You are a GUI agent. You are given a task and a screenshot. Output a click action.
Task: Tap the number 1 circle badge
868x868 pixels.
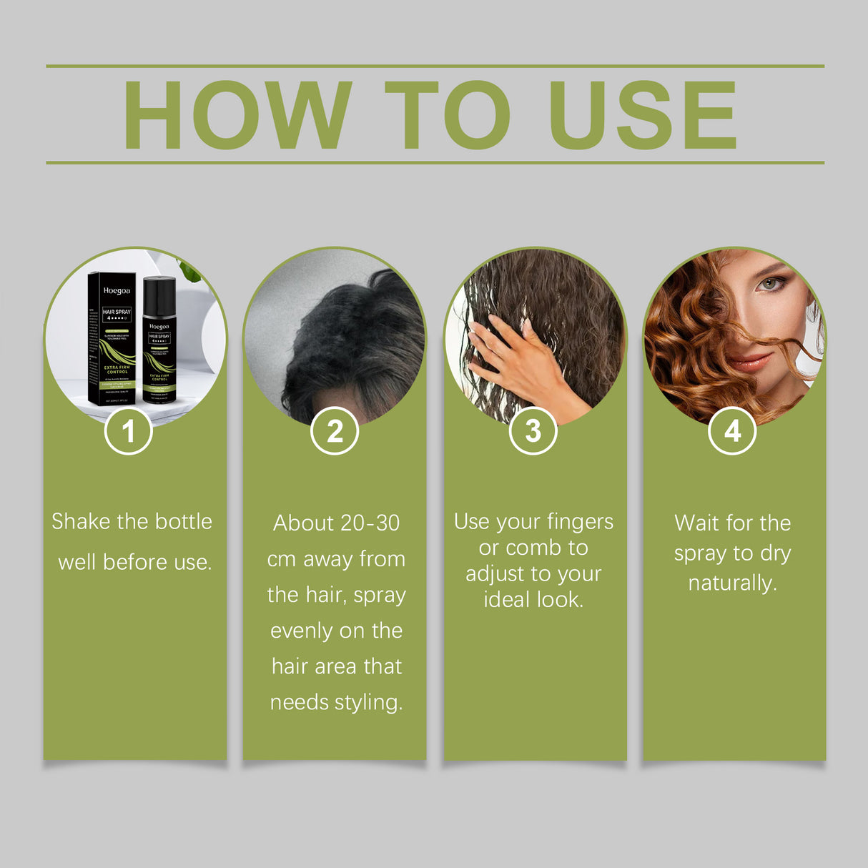[x=129, y=431]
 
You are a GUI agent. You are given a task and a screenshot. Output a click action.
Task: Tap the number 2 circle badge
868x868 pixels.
[x=335, y=431]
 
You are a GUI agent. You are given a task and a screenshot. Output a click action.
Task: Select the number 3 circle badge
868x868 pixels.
[x=533, y=431]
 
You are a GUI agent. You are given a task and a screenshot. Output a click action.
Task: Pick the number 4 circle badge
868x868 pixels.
[x=732, y=431]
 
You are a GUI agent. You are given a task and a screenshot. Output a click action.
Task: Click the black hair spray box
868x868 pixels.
[x=112, y=338]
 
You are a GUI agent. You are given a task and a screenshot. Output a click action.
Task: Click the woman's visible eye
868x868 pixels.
[x=769, y=284]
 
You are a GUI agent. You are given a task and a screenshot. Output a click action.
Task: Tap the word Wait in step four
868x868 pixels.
[x=696, y=523]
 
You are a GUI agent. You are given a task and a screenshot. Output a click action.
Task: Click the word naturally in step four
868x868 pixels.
[x=732, y=584]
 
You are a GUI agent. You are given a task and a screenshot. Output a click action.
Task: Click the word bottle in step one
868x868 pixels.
[x=183, y=521]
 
